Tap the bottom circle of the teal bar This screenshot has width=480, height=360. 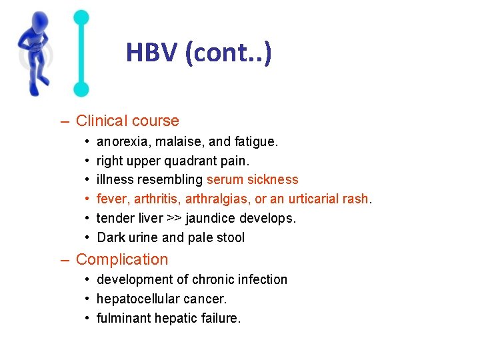click(81, 89)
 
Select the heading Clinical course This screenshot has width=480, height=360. click(127, 121)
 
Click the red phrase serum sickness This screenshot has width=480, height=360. click(253, 179)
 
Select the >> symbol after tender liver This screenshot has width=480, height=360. click(174, 218)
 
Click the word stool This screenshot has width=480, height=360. click(230, 237)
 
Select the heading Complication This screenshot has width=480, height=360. click(122, 259)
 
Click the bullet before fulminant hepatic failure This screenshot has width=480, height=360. click(88, 318)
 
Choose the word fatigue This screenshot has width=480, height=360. click(257, 141)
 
